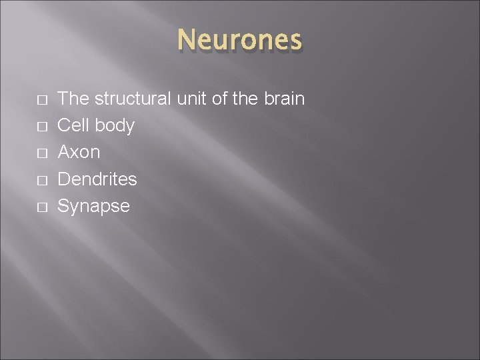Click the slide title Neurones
pos(240,40)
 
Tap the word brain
pos(283,99)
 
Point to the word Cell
pos(74,125)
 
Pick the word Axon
pos(79,152)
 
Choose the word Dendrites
pos(97,179)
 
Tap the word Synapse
pos(94,206)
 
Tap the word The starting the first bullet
pos(74,99)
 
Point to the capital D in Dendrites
pos(65,179)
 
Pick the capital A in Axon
pos(65,152)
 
